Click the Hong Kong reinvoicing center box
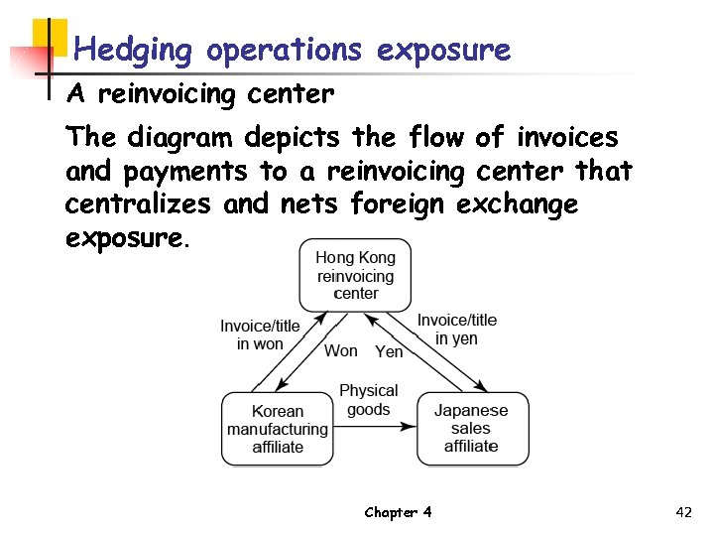click(355, 275)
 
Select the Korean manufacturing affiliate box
click(278, 429)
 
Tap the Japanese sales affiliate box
click(471, 429)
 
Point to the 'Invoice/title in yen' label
click(456, 329)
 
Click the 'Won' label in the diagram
click(341, 350)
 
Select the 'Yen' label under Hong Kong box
click(389, 351)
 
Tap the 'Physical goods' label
click(368, 400)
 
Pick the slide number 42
click(682, 512)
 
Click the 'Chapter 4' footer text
click(398, 512)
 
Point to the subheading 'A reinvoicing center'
click(199, 95)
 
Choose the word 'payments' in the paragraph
click(185, 172)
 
